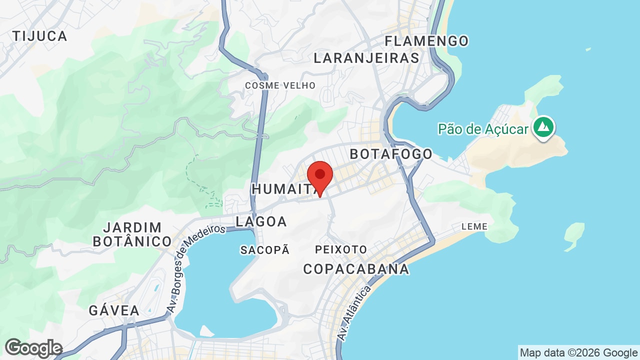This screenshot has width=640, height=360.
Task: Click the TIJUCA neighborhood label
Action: pos(40,36)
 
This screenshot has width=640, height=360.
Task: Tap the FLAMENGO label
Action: pos(426,40)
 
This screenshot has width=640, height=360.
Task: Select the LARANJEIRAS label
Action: pos(366,58)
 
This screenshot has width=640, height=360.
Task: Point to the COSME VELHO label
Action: pos(280,85)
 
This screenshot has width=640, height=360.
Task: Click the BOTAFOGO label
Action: pos(391,153)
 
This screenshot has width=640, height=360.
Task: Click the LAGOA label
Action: pos(261,221)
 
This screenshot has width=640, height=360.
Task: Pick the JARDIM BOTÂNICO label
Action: pos(132,234)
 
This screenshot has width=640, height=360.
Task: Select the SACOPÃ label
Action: pos(265,250)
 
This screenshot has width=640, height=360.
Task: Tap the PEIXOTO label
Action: pos(341,249)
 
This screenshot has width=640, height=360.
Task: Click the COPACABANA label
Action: pos(356,269)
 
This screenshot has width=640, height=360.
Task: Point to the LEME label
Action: pos(474,226)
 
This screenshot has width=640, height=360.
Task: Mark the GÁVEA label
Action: pos(114,310)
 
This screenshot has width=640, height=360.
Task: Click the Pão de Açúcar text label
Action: pos(483,129)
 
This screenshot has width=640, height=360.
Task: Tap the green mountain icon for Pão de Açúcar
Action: pos(543,127)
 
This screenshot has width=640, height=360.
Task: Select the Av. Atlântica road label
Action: pos(355,313)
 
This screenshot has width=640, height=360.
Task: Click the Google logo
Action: pos(33,348)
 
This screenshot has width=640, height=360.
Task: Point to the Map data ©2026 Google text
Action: pos(578,353)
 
